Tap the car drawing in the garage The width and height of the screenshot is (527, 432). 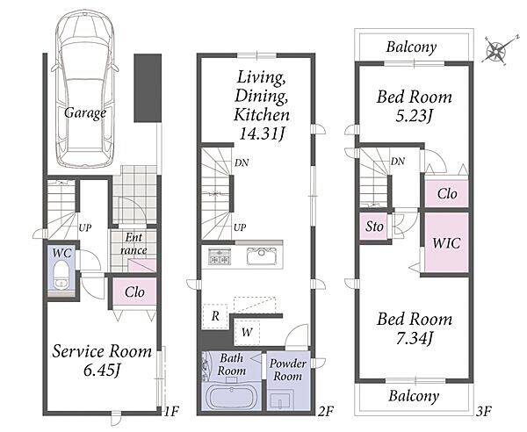point(85,90)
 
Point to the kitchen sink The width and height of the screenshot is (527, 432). point(262,256)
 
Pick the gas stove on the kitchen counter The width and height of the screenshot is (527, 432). point(219,256)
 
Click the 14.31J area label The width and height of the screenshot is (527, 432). point(262,134)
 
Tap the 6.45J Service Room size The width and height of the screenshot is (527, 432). point(102,371)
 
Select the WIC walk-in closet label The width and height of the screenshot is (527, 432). point(446,243)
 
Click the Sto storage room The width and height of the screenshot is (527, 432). point(374,227)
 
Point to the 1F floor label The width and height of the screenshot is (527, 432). point(171,411)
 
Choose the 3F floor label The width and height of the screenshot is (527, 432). point(484,411)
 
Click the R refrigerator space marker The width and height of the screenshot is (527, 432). point(215,316)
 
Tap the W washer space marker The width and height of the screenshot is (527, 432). point(247,332)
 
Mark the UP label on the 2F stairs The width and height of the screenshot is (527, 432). point(240,227)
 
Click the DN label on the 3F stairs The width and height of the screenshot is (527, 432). point(398,162)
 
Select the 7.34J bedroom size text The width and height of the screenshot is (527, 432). point(414,338)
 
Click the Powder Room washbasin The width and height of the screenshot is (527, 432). point(282,400)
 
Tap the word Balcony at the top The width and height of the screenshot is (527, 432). point(411,47)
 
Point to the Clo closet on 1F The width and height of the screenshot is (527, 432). point(134,292)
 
